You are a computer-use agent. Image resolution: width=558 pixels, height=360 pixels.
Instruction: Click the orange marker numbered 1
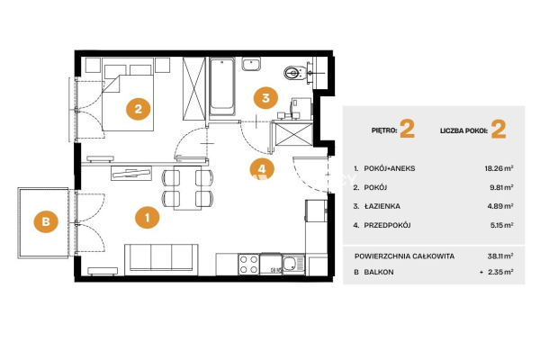(x=148, y=217)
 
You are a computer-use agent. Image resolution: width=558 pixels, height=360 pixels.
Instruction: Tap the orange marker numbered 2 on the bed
(x=138, y=109)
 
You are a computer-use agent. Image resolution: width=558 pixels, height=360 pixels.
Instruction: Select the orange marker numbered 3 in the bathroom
(x=265, y=98)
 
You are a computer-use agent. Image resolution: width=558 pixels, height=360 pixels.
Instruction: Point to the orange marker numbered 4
(x=262, y=169)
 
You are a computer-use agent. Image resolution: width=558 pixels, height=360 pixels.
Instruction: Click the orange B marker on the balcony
(x=46, y=221)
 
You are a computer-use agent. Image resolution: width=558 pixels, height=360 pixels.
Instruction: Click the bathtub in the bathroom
(x=222, y=86)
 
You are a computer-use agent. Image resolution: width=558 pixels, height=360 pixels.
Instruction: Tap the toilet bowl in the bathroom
(x=294, y=73)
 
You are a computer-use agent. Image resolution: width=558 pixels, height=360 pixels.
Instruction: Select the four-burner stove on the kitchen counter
(x=248, y=265)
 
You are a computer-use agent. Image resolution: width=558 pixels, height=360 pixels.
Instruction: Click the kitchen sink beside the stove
(x=293, y=265)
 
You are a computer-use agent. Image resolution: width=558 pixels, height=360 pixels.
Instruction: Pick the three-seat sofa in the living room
(x=161, y=259)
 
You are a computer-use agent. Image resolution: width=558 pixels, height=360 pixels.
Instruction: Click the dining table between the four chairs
(x=187, y=187)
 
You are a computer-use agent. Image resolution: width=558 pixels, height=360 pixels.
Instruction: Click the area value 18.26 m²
(x=499, y=168)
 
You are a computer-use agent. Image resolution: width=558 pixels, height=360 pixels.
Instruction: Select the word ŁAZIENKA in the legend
(x=382, y=206)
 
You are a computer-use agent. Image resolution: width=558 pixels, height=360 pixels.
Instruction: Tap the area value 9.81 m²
(x=501, y=187)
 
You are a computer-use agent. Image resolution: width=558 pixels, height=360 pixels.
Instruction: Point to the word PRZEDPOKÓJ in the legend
(x=387, y=225)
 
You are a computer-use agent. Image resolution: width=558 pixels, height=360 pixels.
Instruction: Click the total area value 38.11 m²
(x=500, y=256)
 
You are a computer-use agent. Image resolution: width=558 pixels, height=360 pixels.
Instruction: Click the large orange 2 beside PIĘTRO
(x=407, y=129)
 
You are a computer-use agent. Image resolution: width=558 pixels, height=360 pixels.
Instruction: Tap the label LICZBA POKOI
(x=463, y=130)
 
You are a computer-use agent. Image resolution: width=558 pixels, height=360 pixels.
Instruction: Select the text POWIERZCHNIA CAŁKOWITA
(x=404, y=256)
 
